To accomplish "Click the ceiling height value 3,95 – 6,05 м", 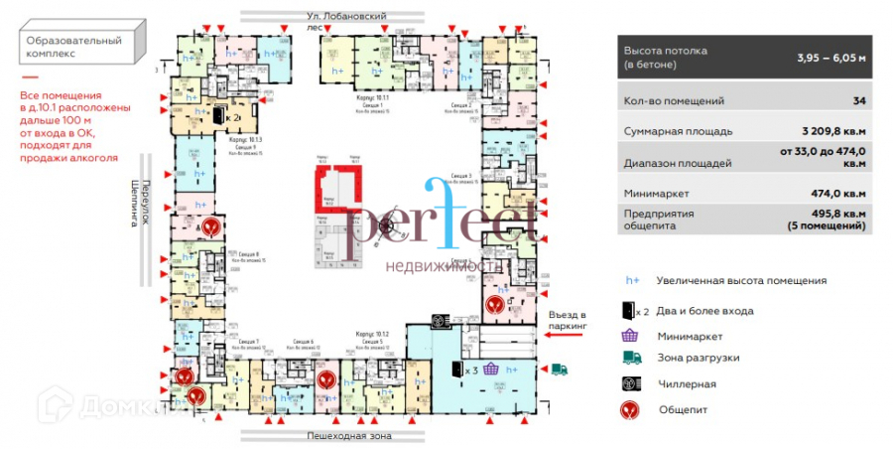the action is pos(831,57).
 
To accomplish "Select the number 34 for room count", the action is pos(858,101).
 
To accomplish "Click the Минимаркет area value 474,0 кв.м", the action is pos(838,194).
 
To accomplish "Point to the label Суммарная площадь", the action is pos(678,131).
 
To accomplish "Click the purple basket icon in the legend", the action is pos(631,337).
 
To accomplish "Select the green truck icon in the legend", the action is pos(631,359).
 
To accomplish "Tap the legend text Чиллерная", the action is pos(685,383).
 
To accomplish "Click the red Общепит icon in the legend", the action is pos(631,409).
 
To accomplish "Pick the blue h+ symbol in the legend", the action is pos(631,281).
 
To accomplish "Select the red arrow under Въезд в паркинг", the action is pos(565,338).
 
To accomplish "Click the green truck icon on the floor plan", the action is pos(559,369).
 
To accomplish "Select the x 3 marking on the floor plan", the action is pos(474,370).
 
